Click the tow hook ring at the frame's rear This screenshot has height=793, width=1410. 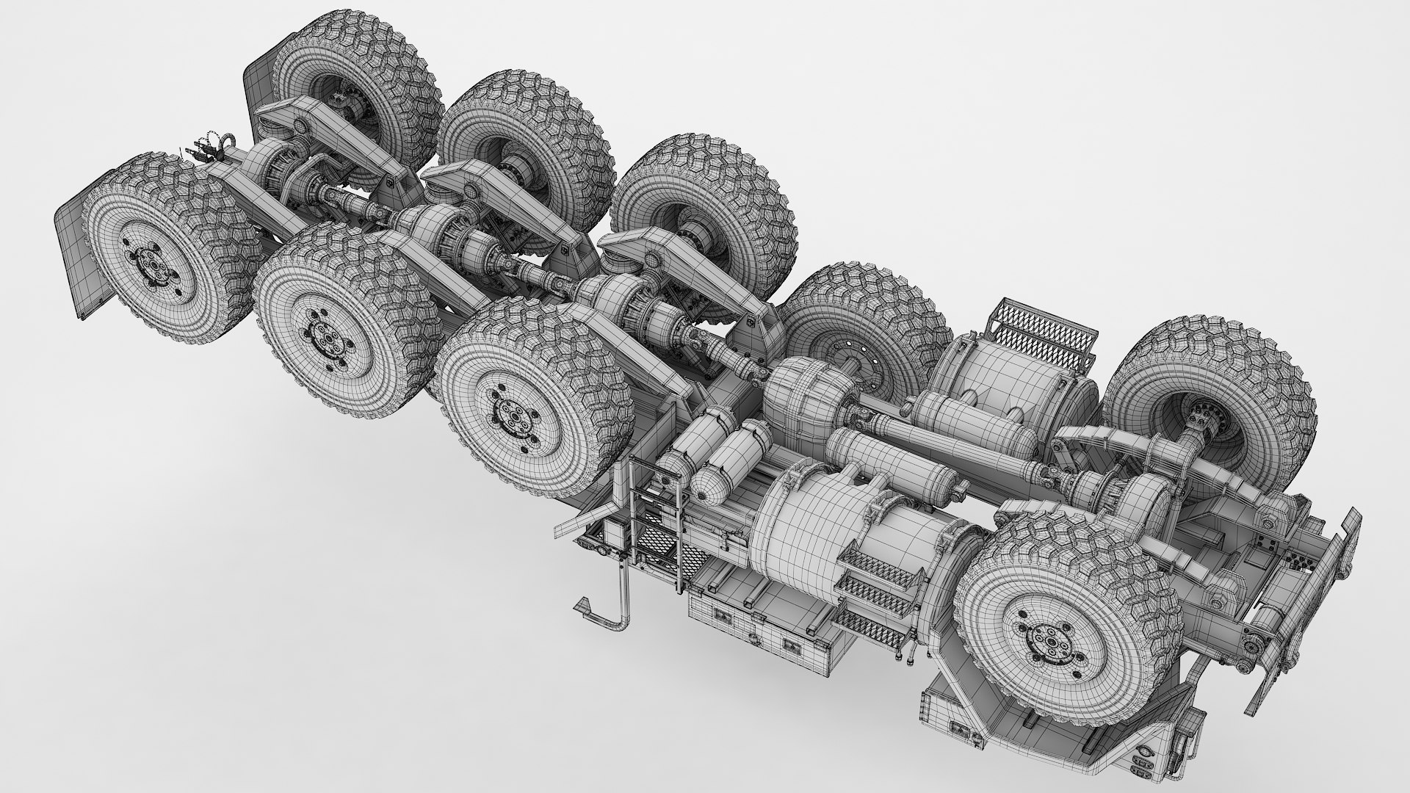click(x=226, y=142)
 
